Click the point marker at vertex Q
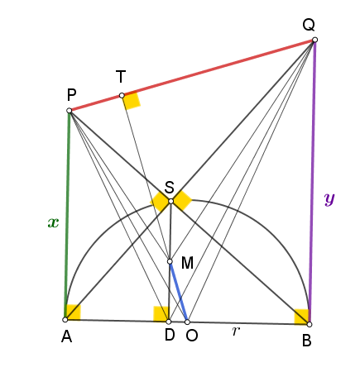314,40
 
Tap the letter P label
71,95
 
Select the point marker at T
122,96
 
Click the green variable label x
53,222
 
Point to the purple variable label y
329,199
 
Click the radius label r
235,331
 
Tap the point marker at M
170,261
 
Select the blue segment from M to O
179,292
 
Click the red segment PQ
192,75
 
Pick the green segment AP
67,215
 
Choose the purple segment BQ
312,182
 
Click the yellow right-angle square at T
132,100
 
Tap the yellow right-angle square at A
73,312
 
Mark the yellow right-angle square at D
161,314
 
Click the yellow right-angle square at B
301,317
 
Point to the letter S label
170,188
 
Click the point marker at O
187,322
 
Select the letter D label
170,336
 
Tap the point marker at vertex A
65,320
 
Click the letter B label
307,341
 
